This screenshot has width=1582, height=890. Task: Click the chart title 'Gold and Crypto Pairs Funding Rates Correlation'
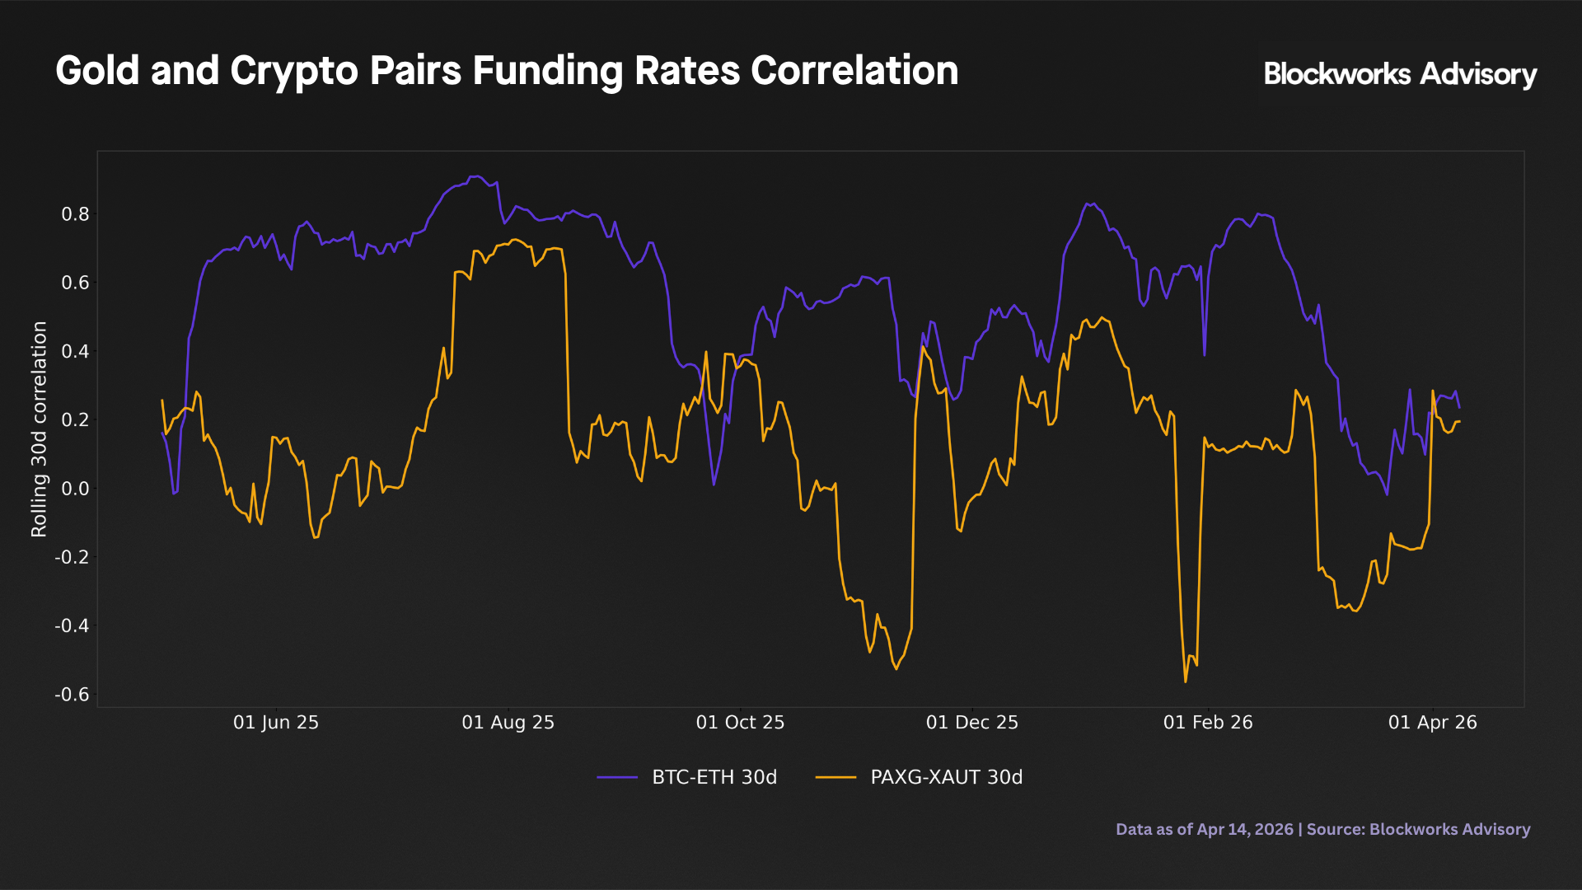tap(507, 71)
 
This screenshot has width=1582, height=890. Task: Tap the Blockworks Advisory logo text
tap(1399, 74)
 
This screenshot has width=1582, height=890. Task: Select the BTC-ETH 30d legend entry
tap(714, 777)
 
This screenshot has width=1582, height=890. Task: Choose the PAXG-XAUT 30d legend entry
tap(946, 777)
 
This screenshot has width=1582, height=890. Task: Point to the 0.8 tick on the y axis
tap(75, 214)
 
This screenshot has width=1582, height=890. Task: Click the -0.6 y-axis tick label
tap(72, 695)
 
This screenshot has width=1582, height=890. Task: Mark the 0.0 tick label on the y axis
tap(75, 489)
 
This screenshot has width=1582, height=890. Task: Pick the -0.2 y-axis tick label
tap(72, 557)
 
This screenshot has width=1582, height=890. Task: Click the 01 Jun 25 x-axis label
tap(275, 723)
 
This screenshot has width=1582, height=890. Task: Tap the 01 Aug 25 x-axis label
tap(508, 723)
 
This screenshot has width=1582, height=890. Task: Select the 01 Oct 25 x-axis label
tap(740, 723)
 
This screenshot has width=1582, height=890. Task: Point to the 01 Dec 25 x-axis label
tap(971, 723)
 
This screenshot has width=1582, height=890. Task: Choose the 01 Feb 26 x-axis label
tap(1207, 723)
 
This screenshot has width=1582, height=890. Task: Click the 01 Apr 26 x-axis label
tap(1432, 723)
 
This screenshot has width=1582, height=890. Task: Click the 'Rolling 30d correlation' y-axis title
tap(39, 429)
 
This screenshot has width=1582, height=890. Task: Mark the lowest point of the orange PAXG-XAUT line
tap(1186, 682)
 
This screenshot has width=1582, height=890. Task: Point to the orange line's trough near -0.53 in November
tap(896, 668)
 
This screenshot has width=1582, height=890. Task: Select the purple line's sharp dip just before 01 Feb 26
tap(1205, 355)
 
